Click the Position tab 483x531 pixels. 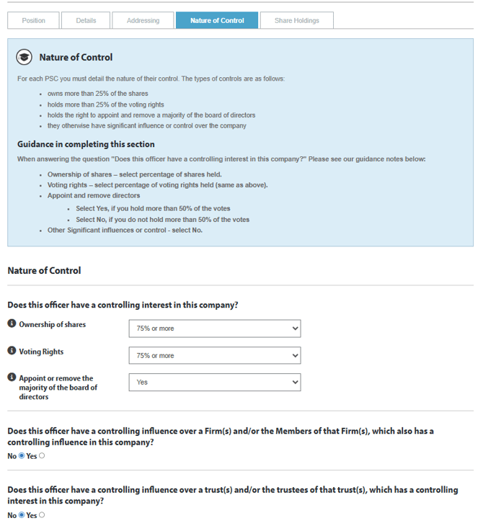(33, 20)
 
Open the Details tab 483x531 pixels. (86, 20)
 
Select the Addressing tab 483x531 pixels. (143, 20)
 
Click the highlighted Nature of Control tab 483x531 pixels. (216, 20)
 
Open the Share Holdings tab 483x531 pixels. (296, 20)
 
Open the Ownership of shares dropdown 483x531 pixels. (214, 329)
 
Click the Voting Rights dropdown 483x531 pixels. (214, 356)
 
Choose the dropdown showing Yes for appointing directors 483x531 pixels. (214, 383)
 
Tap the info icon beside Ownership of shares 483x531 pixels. (12, 324)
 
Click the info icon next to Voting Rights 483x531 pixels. (12, 352)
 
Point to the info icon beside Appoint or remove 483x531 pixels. (12, 378)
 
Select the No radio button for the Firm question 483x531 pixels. (21, 455)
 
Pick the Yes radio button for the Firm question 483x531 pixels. (41, 455)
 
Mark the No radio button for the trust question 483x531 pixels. (21, 515)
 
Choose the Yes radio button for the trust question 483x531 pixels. (41, 515)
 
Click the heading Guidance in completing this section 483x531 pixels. (86, 144)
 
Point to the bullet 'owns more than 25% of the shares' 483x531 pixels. (97, 94)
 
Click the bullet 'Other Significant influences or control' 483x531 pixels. (125, 230)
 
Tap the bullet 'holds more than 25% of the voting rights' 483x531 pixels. (105, 104)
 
